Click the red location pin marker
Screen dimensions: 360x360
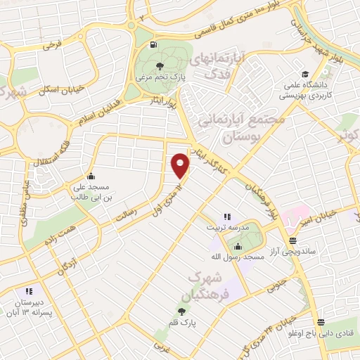click(x=181, y=165)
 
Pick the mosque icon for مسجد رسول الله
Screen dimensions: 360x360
click(x=238, y=247)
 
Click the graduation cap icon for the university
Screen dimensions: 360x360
click(x=305, y=75)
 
